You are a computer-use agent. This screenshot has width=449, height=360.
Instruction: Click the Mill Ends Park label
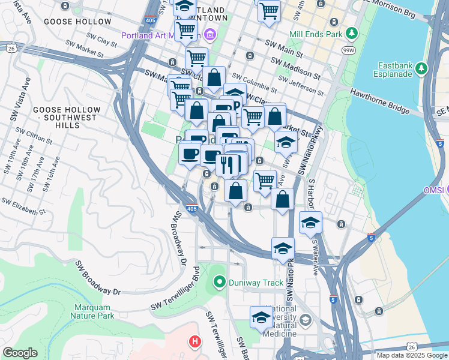point(315,34)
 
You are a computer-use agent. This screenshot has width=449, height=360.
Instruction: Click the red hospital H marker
point(194,342)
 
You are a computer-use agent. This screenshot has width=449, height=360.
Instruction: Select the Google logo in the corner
point(20,353)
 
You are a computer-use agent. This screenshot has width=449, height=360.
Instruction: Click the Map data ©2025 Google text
point(411,355)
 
